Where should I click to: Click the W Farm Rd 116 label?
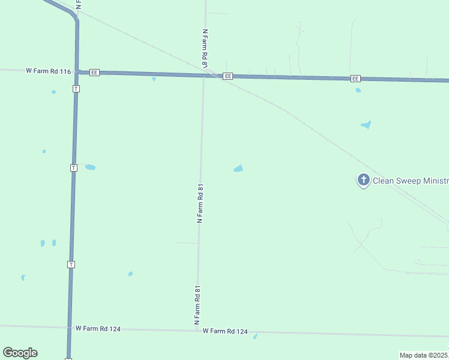point(49,71)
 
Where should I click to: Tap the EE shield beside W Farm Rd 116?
point(94,73)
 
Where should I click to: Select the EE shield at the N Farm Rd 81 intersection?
point(228,76)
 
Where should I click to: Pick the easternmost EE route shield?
point(355,79)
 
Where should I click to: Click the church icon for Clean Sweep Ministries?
point(363,180)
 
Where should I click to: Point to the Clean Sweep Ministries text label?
point(411,181)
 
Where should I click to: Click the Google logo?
point(20,353)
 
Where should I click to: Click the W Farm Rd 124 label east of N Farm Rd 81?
point(225,331)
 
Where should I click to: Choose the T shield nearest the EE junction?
point(76,88)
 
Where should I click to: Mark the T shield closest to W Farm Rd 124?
point(71,264)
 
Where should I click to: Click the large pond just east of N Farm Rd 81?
point(238,169)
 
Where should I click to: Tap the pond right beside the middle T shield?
point(90,167)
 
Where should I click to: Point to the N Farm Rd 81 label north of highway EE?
point(205,48)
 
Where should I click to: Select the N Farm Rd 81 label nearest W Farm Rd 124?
point(197,305)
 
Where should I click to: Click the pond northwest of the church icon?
point(366,125)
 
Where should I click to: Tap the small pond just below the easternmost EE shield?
point(358,90)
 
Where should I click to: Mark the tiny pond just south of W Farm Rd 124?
point(255,337)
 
